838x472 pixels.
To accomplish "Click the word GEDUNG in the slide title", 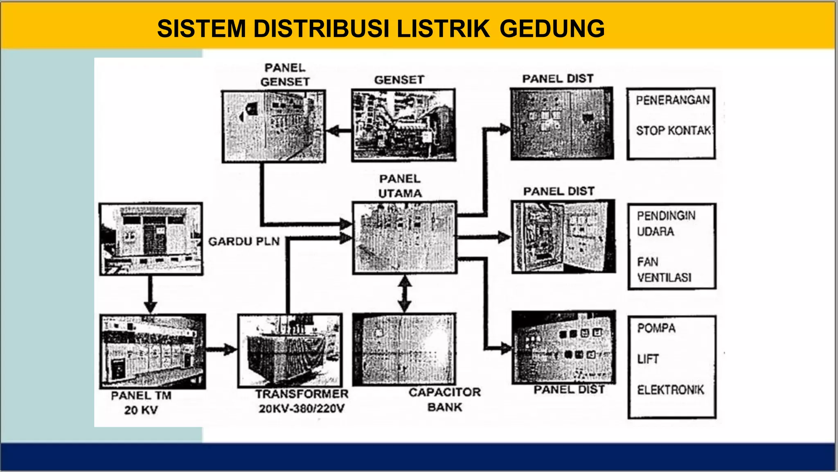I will pos(552,29).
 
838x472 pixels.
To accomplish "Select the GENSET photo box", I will pos(403,125).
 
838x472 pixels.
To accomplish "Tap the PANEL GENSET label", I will pos(285,75).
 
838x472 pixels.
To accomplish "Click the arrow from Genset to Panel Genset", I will pos(338,131).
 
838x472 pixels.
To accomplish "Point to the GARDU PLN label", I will pos(244,241).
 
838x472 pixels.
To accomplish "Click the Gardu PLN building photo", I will pos(151,239).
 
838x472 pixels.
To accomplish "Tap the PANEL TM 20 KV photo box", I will pos(153,351).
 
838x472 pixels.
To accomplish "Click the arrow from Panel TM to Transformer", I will pos(221,349).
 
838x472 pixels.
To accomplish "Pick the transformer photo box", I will pos(290,350).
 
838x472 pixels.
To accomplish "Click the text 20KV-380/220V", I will pos(302,408).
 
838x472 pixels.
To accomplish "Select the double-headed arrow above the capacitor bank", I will pos(405,293).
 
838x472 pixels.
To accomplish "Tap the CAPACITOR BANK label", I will pos(445,399).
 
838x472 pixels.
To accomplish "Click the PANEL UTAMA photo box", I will pos(404,237).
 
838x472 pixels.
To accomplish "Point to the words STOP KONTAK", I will pos(673,131).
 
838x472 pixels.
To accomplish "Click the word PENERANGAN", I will pos(673,100).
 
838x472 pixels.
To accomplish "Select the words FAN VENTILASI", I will pos(664,270).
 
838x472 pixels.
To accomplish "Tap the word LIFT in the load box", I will pos(648,359).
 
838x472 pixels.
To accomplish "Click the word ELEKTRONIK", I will pos(670,390).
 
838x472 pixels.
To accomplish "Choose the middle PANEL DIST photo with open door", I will pos(563,236).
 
